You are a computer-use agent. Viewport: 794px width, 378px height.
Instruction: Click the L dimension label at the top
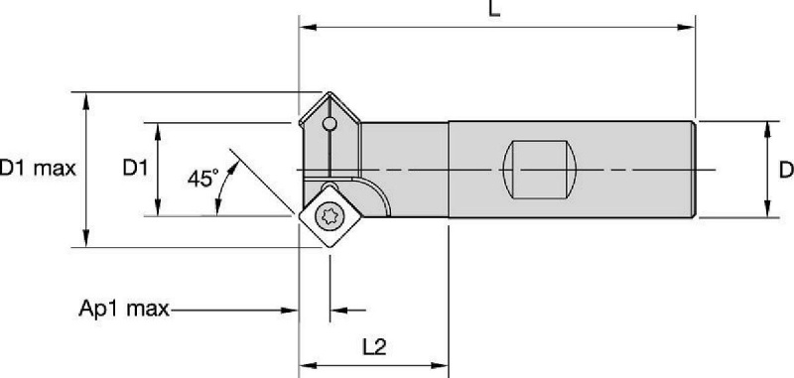point(494,8)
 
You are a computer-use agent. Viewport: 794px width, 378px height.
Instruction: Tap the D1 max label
point(38,168)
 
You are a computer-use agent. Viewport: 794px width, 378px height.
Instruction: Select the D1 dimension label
point(136,168)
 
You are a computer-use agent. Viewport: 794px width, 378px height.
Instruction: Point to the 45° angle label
point(203,179)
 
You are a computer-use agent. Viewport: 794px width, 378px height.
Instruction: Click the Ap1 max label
point(124,309)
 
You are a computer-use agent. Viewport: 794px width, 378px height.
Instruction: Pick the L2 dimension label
point(374,346)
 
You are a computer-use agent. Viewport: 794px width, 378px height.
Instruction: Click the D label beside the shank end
point(786,170)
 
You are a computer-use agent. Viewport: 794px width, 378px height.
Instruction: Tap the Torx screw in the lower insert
point(328,216)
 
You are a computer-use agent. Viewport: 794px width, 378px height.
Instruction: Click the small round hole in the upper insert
point(330,123)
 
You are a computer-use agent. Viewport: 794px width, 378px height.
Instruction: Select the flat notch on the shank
point(541,170)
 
